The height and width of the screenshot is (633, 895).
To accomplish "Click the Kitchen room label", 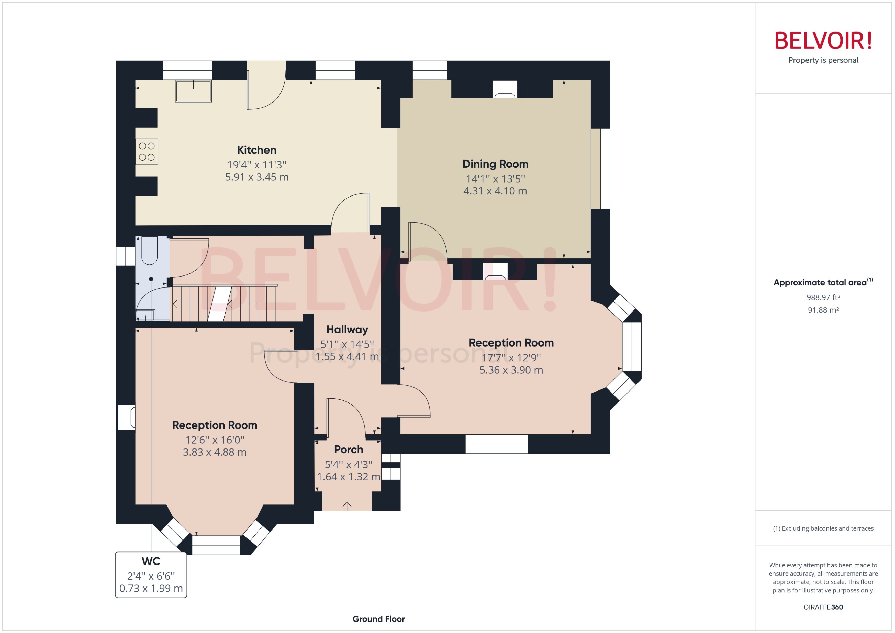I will (256, 150).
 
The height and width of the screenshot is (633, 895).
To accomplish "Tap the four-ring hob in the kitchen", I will (147, 152).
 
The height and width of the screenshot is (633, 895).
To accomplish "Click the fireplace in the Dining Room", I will (505, 90).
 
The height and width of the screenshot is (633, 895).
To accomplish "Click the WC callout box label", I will (151, 561).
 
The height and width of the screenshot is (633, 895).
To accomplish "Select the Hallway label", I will (347, 330).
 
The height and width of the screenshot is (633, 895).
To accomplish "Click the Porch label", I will (349, 450).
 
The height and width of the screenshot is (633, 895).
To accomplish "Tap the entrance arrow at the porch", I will (347, 506).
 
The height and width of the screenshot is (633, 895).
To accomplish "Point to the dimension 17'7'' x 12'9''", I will (511, 358).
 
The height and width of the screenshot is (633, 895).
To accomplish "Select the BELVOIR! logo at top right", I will (823, 41).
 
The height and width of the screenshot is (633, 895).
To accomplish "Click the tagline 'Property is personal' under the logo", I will (823, 60).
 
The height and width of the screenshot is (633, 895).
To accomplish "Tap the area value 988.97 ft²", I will (823, 297).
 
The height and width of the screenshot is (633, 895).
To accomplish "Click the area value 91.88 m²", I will (823, 310).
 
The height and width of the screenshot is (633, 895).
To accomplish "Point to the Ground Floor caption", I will (378, 619).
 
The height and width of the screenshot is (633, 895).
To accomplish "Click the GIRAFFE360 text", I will (823, 607).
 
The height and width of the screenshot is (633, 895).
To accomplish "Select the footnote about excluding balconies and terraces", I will (823, 528).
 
